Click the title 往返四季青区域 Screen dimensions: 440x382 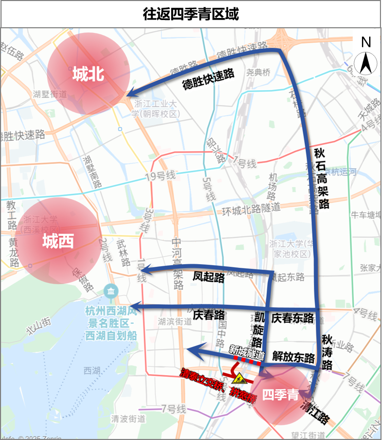[191, 13]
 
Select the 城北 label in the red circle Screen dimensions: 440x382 [88, 75]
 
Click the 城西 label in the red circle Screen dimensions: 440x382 [58, 241]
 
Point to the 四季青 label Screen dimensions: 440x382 [280, 395]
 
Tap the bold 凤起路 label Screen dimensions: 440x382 [209, 278]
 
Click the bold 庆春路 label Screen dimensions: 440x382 [209, 315]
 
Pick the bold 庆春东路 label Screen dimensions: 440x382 [293, 317]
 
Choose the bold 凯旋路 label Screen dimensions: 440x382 [259, 329]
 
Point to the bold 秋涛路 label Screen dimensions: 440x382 [327, 352]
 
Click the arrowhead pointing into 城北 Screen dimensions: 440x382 [132, 93]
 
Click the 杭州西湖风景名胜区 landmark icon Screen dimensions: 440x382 [111, 292]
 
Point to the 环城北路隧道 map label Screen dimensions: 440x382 [251, 208]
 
